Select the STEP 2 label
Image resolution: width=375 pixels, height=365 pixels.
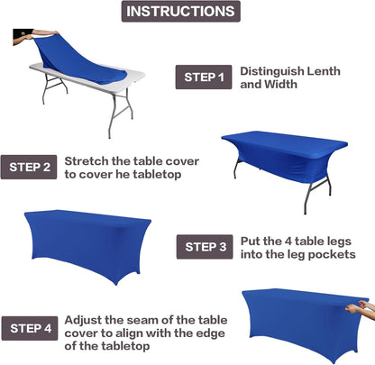point(32,167)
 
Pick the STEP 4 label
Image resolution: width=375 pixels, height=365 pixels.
point(32,326)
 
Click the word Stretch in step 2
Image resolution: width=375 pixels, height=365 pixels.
point(87,160)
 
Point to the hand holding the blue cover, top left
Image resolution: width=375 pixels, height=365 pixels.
point(23,39)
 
